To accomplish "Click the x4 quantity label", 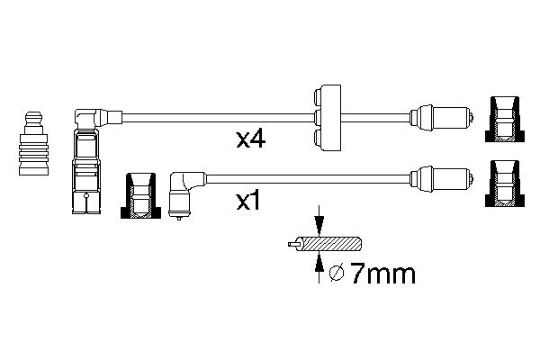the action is pos(251,139).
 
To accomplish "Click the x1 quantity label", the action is pos(248,202).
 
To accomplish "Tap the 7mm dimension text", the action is pos(382,274).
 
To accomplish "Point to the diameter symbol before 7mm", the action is pos(337,274).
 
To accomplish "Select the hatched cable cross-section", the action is pos(328,244).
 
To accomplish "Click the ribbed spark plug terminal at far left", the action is pos(34,143).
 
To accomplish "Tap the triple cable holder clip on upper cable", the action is pos(328,118).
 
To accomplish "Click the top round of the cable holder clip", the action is pos(318,97).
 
